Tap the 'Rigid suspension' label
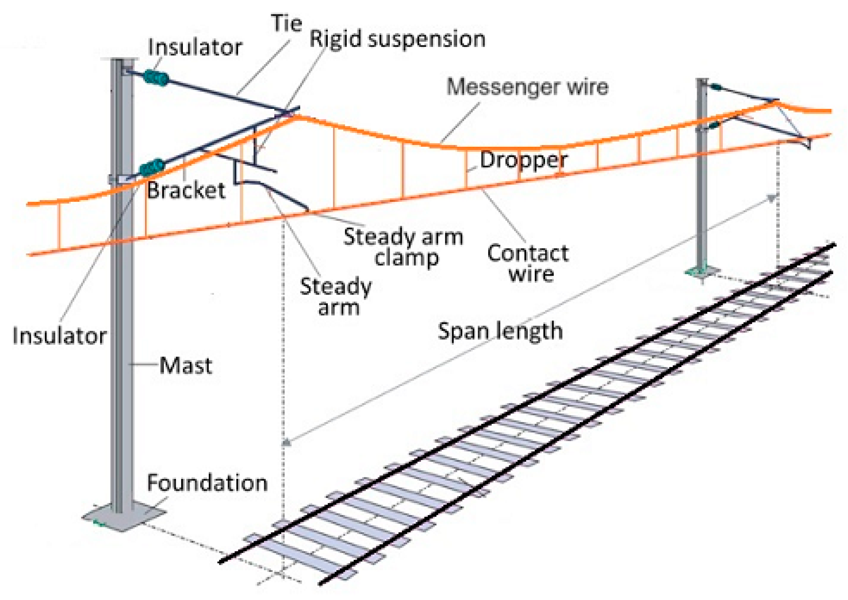coord(397,39)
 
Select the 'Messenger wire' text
coord(527,87)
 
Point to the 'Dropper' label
coord(523,160)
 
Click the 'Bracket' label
coord(186,191)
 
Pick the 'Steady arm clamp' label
coord(403,247)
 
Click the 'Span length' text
coord(500,331)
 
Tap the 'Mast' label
coord(185,366)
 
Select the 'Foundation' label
coord(207,483)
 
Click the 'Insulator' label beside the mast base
coord(59,336)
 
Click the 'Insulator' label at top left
coord(195,48)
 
